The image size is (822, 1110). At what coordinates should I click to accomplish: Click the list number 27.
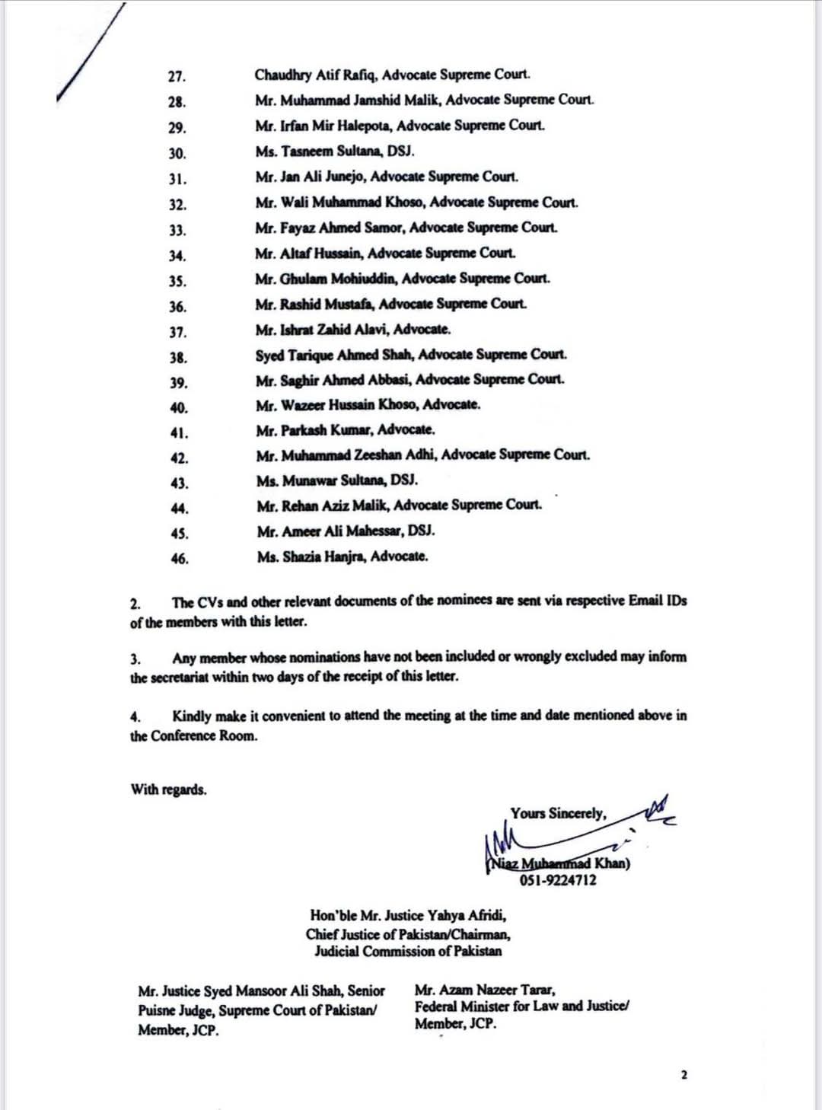click(x=177, y=77)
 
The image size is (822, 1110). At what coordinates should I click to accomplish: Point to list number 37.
click(x=178, y=333)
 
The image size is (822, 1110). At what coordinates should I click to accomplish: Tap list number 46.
click(x=180, y=559)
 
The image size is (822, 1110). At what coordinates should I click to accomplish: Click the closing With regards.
click(x=168, y=789)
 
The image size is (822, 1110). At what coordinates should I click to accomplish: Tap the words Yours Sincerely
click(x=559, y=814)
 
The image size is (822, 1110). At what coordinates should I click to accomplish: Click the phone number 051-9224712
click(x=558, y=881)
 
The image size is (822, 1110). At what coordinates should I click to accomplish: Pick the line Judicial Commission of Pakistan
click(x=408, y=952)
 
